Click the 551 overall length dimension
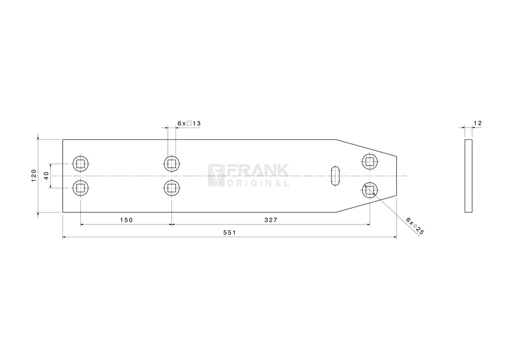pyautogui.click(x=230, y=232)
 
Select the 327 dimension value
pyautogui.click(x=271, y=220)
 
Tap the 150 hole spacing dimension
pyautogui.click(x=126, y=220)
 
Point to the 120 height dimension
pyautogui.click(x=34, y=175)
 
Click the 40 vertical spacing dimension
pyautogui.click(x=46, y=175)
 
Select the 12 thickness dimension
pyautogui.click(x=478, y=123)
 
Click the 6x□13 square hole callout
pyautogui.click(x=189, y=123)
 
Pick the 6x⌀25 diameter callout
pyautogui.click(x=414, y=226)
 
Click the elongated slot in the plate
pyautogui.click(x=335, y=176)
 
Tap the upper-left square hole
pyautogui.click(x=80, y=163)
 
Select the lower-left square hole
pyautogui.click(x=80, y=187)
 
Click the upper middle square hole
pyautogui.click(x=171, y=163)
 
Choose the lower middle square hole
pyautogui.click(x=171, y=187)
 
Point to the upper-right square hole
pyautogui.click(x=370, y=161)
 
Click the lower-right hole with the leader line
pyautogui.click(x=370, y=190)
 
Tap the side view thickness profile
pyautogui.click(x=469, y=176)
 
